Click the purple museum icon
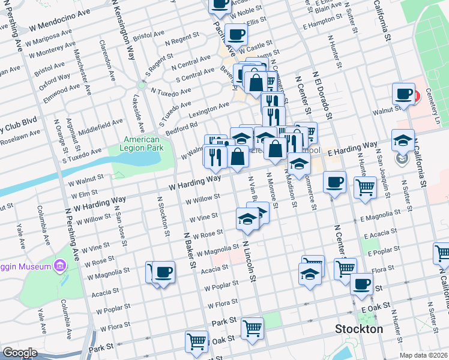point(60,265)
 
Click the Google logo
point(20,353)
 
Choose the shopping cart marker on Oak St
point(196,341)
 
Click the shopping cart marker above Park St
point(253,328)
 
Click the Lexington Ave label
point(209,109)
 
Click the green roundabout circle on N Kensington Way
point(142,85)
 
